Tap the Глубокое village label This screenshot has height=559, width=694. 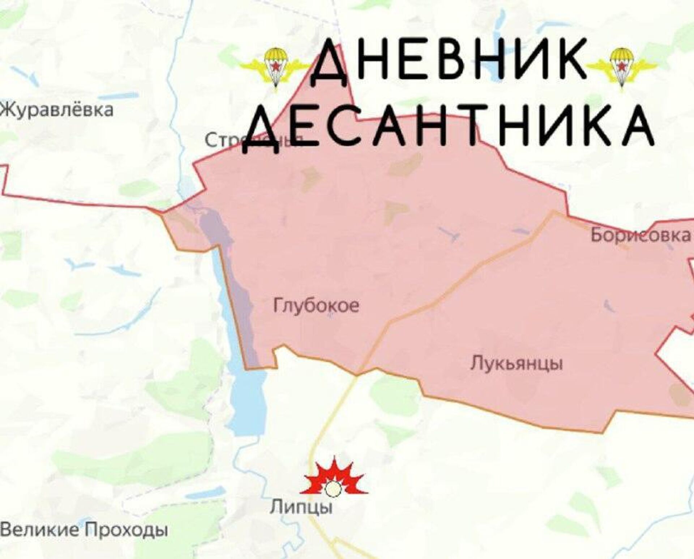[316, 306]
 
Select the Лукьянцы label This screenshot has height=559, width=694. [517, 363]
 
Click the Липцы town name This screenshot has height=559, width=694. [301, 507]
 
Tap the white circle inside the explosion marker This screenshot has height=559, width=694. [333, 490]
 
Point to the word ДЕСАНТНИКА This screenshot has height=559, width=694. [448, 127]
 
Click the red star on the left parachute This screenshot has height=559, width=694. [276, 66]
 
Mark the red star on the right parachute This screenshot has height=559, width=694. [622, 66]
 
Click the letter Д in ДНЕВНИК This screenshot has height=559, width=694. [330, 63]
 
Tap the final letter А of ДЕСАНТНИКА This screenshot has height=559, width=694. [634, 127]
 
